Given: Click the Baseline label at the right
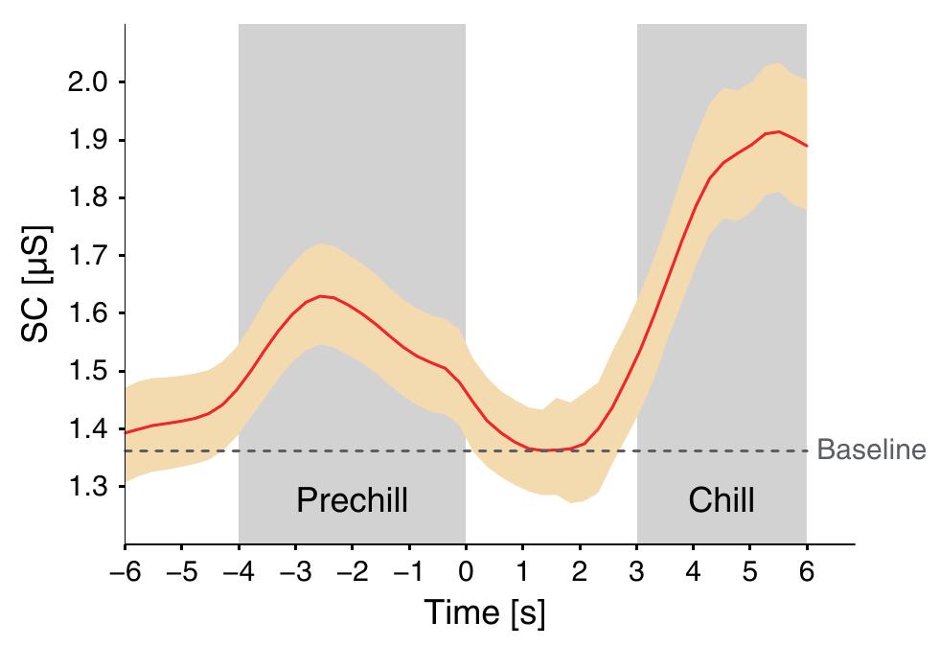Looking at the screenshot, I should coord(871,450).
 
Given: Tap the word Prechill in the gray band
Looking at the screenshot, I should coord(352,500).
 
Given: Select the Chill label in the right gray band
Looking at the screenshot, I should coord(722,500).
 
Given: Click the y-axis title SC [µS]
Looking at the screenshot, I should coord(36,285).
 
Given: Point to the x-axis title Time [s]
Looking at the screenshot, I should coord(485,612).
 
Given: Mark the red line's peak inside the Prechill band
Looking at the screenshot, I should coord(322,296).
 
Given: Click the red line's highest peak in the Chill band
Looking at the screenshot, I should coord(779,131).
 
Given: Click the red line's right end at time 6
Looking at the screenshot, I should coord(807,146).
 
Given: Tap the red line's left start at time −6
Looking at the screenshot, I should coord(126,432).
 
